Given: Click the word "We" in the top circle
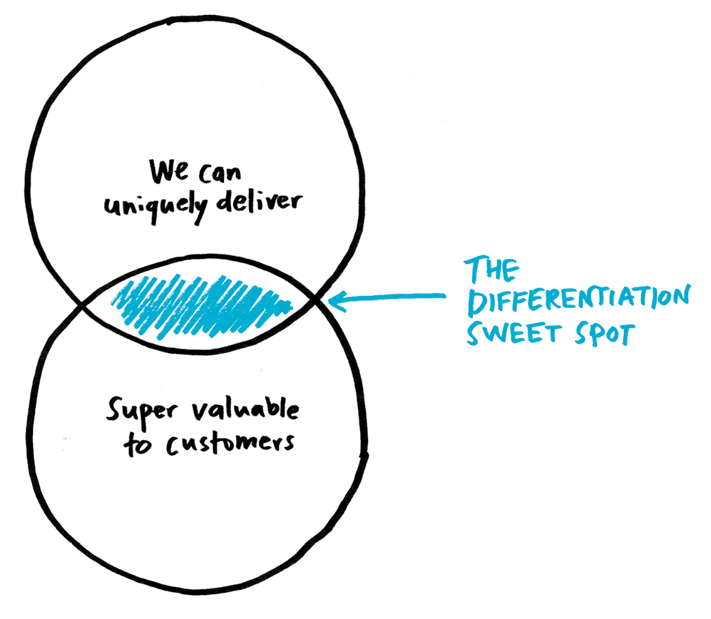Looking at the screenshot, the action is pyautogui.click(x=169, y=171).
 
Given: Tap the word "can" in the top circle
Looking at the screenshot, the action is pyautogui.click(x=220, y=174).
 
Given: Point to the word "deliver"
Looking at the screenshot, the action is pyautogui.click(x=259, y=201).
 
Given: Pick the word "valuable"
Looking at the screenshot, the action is pyautogui.click(x=245, y=409).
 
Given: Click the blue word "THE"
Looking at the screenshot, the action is pyautogui.click(x=491, y=270).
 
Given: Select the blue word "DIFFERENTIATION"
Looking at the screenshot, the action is pyautogui.click(x=579, y=300).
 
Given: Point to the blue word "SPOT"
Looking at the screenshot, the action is pyautogui.click(x=605, y=334).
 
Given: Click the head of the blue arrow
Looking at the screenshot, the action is pyautogui.click(x=329, y=300).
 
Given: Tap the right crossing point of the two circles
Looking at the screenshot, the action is pyautogui.click(x=317, y=297).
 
